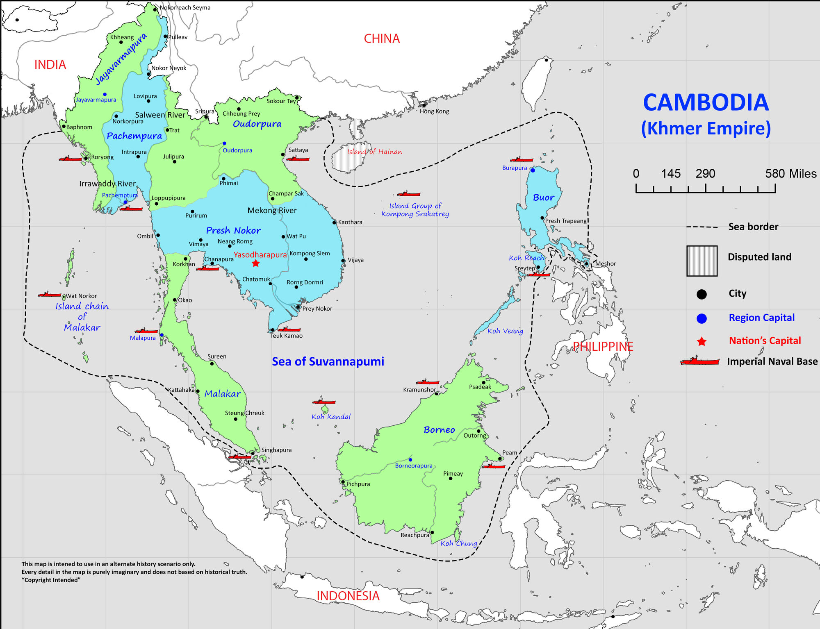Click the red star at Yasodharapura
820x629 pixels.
click(x=256, y=263)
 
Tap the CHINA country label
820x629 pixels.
click(x=382, y=39)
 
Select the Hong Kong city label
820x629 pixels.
click(x=434, y=111)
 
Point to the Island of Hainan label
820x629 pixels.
click(x=374, y=152)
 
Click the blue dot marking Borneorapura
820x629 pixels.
click(x=410, y=460)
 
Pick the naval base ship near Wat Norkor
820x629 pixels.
click(x=49, y=294)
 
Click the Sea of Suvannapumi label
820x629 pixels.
click(x=328, y=361)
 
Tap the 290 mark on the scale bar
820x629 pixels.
click(x=705, y=173)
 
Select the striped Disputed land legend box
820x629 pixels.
click(x=702, y=261)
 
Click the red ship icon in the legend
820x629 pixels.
click(x=699, y=361)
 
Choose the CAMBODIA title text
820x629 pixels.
click(x=706, y=102)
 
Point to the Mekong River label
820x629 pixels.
click(x=272, y=210)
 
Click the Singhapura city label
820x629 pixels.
click(x=276, y=450)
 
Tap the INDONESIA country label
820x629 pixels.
click(x=348, y=596)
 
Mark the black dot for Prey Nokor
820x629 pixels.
click(x=298, y=307)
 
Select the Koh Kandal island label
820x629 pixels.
click(x=331, y=417)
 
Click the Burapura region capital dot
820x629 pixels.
click(x=533, y=170)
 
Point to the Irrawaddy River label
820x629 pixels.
click(x=107, y=184)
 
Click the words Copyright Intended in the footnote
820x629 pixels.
click(x=51, y=580)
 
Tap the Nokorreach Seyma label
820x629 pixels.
click(x=185, y=7)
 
